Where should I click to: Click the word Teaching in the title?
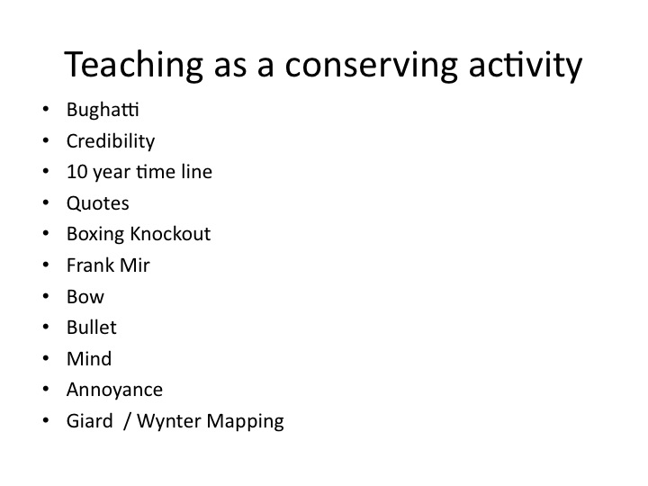133,65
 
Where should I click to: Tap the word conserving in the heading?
371,65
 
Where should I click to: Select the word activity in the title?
526,65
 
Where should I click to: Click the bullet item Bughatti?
103,110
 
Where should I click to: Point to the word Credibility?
111,141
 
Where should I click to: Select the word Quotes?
97,202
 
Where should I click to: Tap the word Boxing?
95,234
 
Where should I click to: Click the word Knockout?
170,233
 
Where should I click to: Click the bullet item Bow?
85,296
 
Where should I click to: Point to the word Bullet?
91,328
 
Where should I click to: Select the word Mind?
89,358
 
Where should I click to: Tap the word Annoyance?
114,390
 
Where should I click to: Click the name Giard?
89,420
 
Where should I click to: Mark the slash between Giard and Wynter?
127,421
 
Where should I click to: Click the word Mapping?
245,421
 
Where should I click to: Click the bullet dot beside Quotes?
46,202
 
